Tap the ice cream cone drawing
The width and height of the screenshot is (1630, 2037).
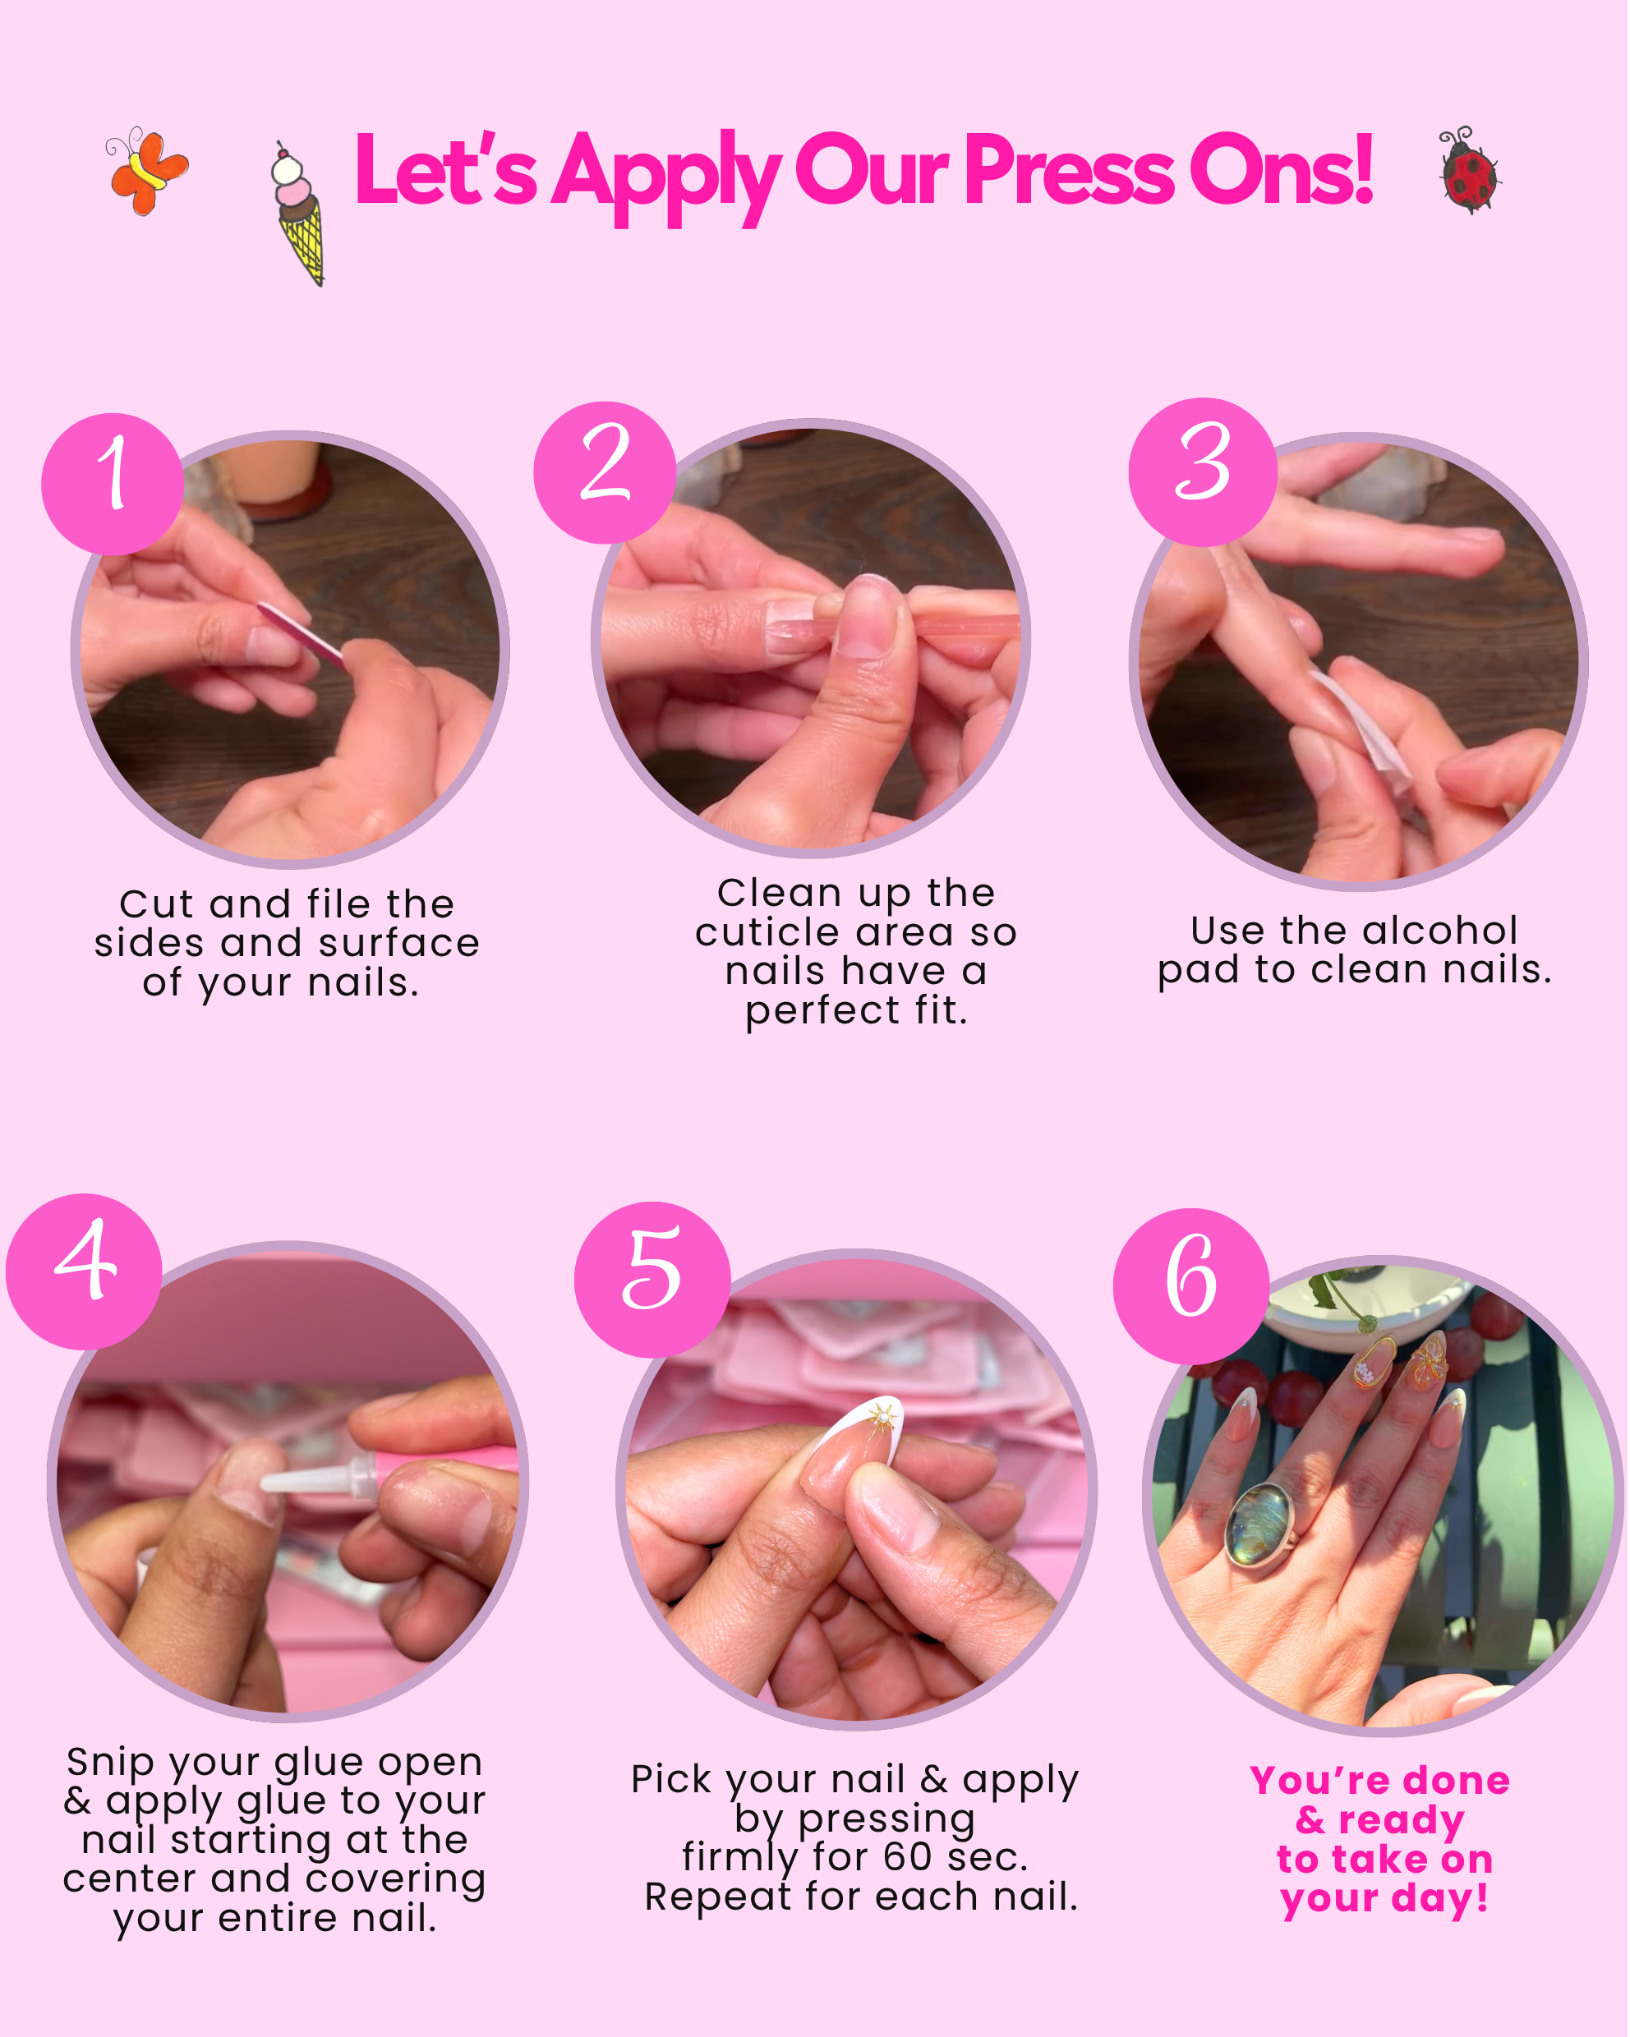[298, 214]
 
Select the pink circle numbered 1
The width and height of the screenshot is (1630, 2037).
[113, 484]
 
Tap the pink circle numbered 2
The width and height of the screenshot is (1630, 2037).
[605, 472]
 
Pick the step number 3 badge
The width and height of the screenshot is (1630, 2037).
[1203, 471]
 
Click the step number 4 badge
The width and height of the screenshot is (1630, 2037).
[84, 1271]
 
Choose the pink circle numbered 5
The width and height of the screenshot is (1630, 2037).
[653, 1281]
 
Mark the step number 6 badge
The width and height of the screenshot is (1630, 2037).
[1191, 1286]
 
